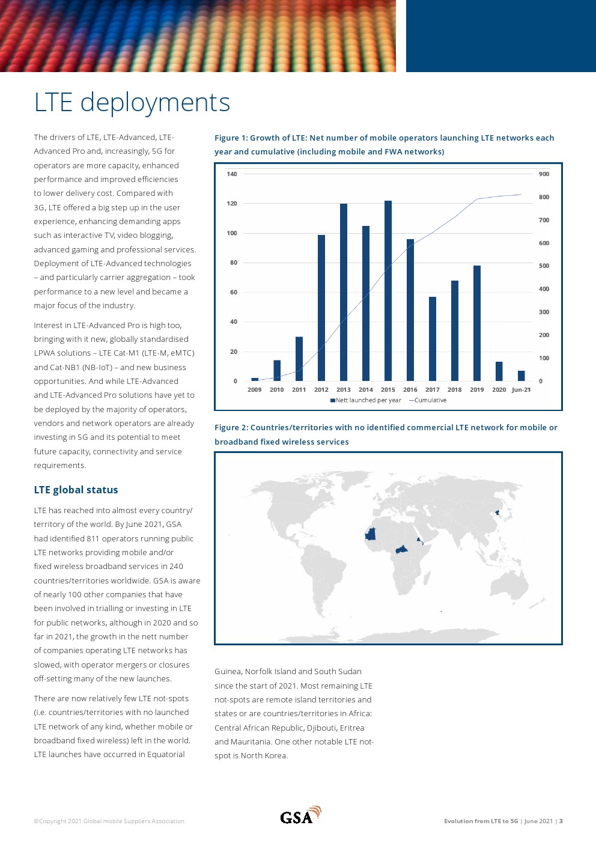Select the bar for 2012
pyautogui.click(x=321, y=308)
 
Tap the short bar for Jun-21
pyautogui.click(x=521, y=376)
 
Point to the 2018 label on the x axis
pyautogui.click(x=454, y=390)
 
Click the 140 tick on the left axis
pyautogui.click(x=232, y=174)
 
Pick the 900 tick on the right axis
pyautogui.click(x=544, y=174)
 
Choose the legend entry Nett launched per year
pyautogui.click(x=366, y=400)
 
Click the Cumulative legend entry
pyautogui.click(x=428, y=400)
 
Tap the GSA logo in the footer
pyautogui.click(x=300, y=815)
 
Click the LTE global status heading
pyautogui.click(x=76, y=490)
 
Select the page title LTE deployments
pyautogui.click(x=132, y=102)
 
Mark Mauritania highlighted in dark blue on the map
pyautogui.click(x=370, y=534)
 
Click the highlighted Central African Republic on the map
pyautogui.click(x=401, y=550)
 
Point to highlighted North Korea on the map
pyautogui.click(x=497, y=513)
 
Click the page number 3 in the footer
pyautogui.click(x=561, y=821)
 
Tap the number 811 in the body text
pyautogui.click(x=93, y=538)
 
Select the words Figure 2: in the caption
pyautogui.click(x=231, y=428)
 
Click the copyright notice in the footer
pyautogui.click(x=109, y=821)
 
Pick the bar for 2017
pyautogui.click(x=433, y=339)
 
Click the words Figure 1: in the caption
pyautogui.click(x=231, y=138)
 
